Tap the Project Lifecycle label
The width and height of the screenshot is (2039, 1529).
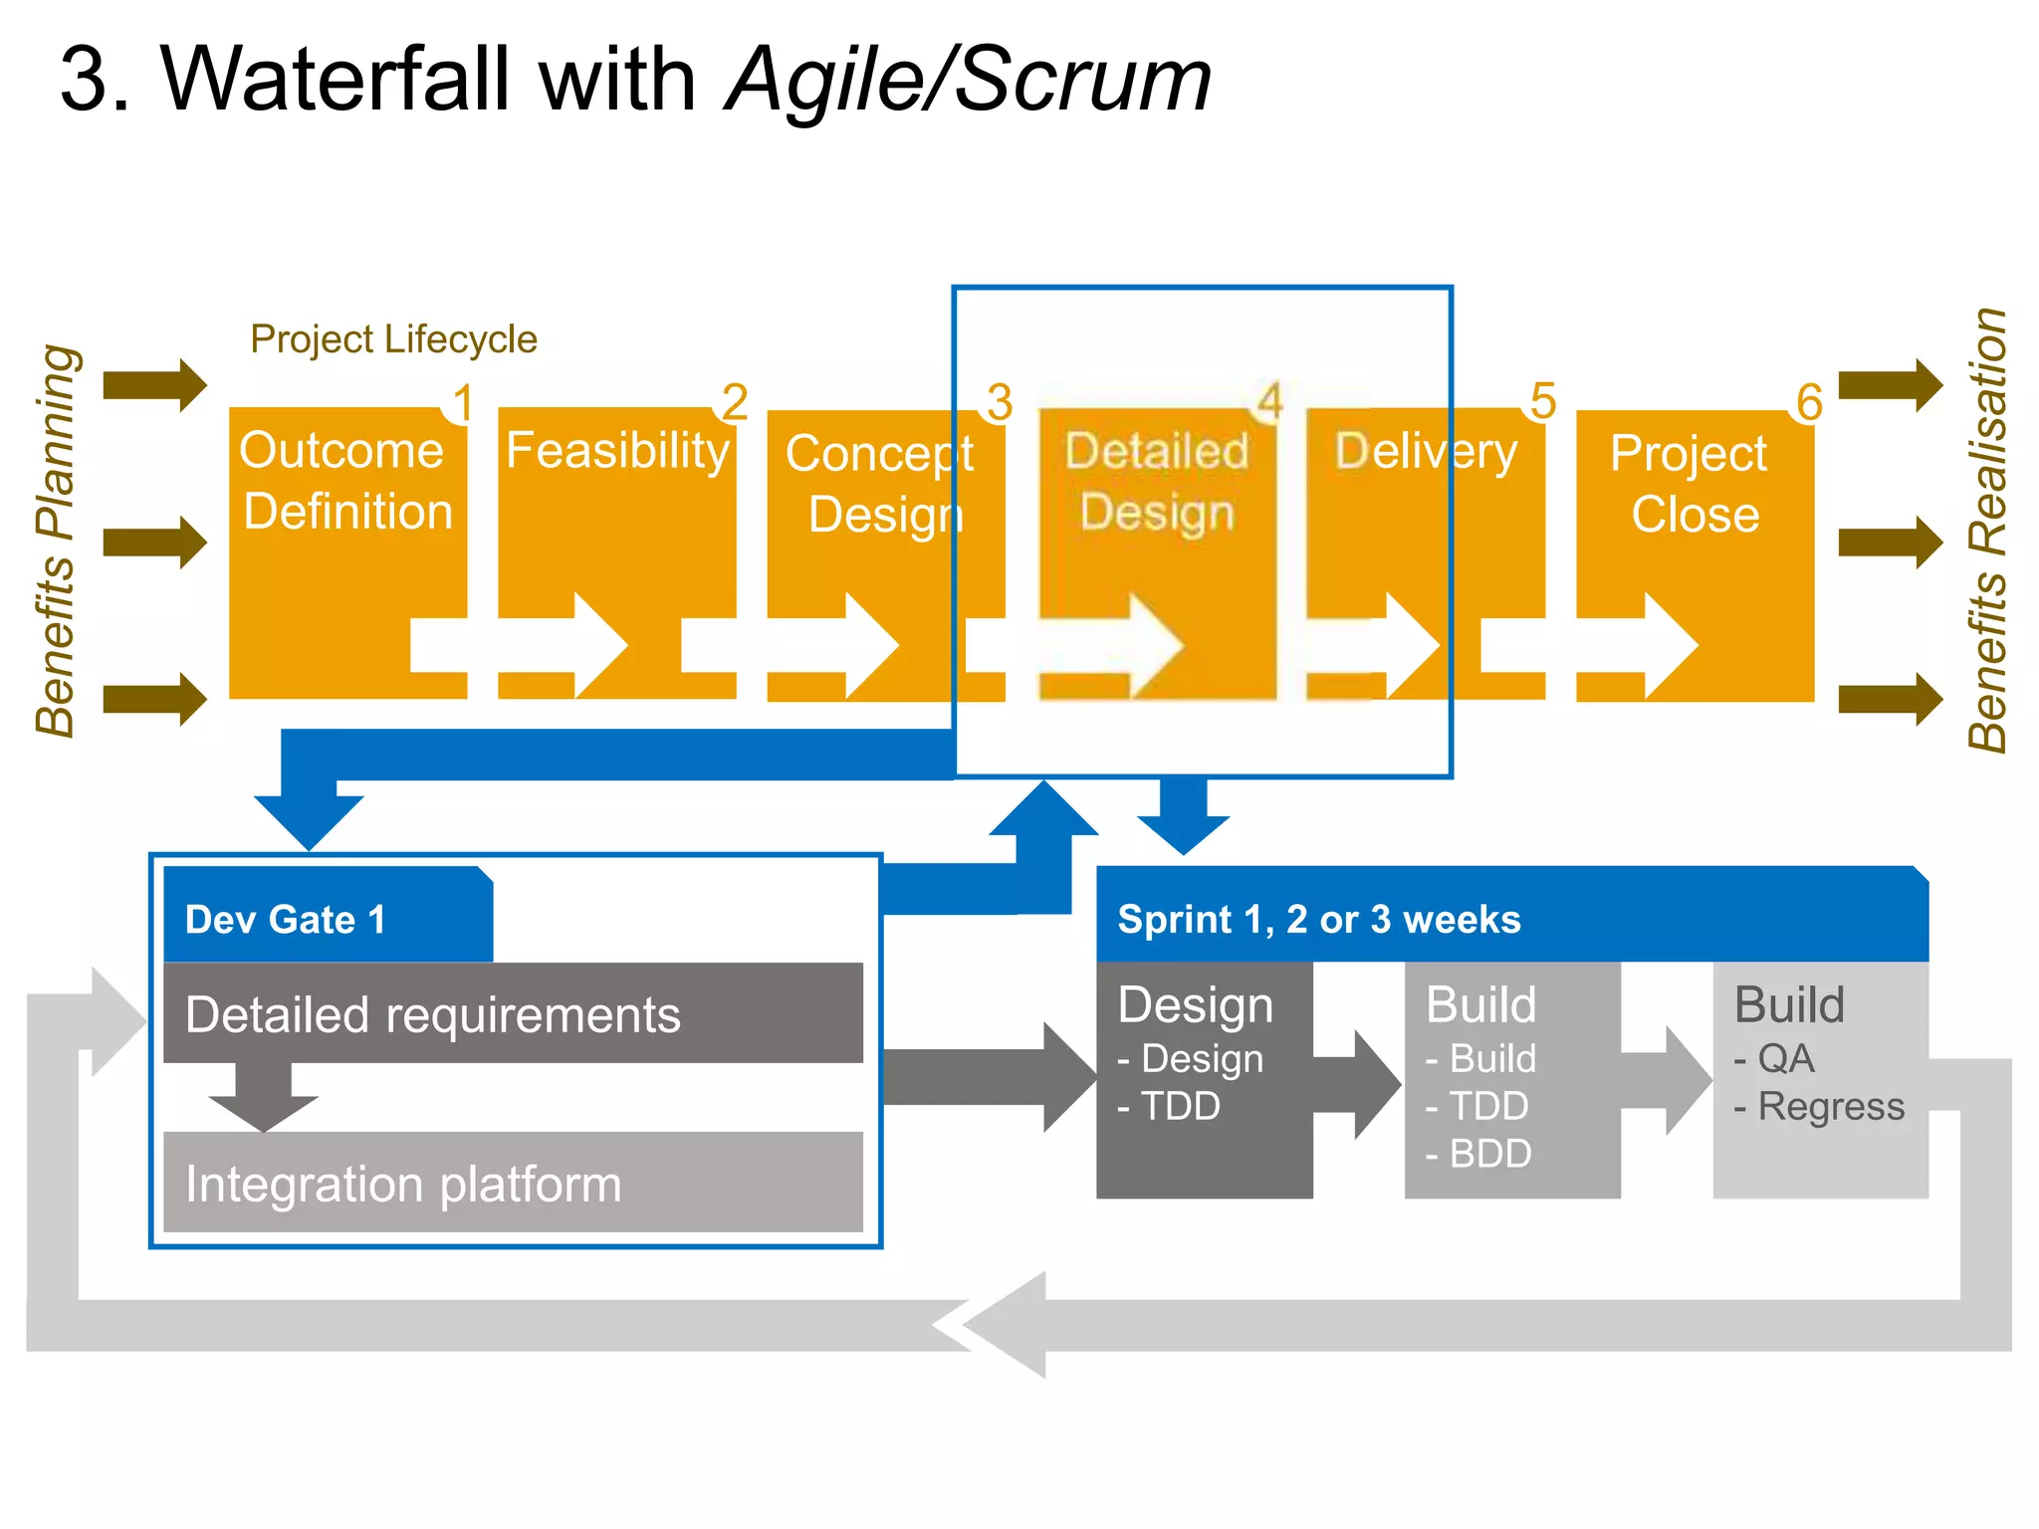tap(393, 339)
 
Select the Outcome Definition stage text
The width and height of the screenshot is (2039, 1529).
tap(346, 481)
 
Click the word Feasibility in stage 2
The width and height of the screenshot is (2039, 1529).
tap(617, 451)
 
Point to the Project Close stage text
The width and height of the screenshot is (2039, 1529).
tap(1693, 484)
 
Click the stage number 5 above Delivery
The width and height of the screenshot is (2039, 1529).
tap(1542, 401)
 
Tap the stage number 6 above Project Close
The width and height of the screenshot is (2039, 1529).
tap(1809, 402)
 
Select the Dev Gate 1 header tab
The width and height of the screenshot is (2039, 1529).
tap(287, 920)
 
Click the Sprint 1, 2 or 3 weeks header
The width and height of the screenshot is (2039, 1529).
tap(1318, 920)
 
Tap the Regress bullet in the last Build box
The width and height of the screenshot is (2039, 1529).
tap(1820, 1107)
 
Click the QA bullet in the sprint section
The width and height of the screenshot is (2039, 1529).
tap(1775, 1059)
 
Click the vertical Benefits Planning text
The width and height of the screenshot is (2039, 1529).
tap(56, 541)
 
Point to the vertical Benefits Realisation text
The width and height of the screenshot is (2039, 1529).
tap(1987, 531)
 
